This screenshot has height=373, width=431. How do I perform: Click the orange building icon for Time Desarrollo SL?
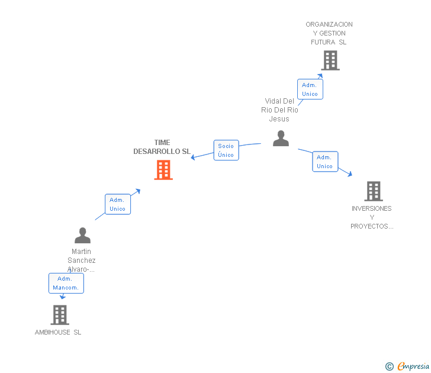(163, 170)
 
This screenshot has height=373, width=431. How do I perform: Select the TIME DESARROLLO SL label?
(162, 147)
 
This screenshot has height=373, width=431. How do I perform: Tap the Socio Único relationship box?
(226, 150)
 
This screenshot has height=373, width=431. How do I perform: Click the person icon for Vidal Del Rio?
(281, 139)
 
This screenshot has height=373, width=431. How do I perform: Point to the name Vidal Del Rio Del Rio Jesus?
(279, 110)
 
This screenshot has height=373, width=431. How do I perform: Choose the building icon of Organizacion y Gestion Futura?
(330, 60)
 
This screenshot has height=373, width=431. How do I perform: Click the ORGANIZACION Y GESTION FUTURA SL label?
(329, 33)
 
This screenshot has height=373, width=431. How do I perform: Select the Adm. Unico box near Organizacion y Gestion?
(310, 89)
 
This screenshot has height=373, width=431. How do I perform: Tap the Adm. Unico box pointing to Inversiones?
(324, 162)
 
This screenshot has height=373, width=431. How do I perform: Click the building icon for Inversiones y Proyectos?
(374, 191)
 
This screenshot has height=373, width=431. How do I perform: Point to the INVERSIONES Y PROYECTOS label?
(372, 217)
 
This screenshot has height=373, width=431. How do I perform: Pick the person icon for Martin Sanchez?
(82, 236)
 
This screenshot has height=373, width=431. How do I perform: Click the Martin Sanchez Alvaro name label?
(82, 261)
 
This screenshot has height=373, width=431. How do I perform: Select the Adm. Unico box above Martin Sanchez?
(117, 204)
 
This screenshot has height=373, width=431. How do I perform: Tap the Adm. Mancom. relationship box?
(66, 283)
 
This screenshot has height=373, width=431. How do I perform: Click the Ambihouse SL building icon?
(59, 315)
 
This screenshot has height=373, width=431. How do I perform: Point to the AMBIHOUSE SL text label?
(58, 332)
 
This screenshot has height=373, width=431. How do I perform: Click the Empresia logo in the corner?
(413, 366)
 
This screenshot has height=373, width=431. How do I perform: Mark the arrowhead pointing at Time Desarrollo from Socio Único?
(193, 157)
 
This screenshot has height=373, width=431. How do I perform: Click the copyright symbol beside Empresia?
(390, 366)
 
